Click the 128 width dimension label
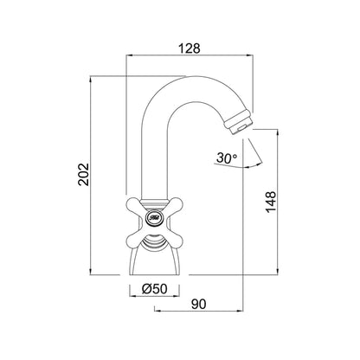pyautogui.click(x=190, y=48)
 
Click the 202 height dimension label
pyautogui.click(x=84, y=175)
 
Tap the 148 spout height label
pyautogui.click(x=271, y=202)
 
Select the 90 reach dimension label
pyautogui.click(x=199, y=304)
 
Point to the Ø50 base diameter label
pyautogui.click(x=154, y=288)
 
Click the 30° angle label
pyautogui.click(x=227, y=157)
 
